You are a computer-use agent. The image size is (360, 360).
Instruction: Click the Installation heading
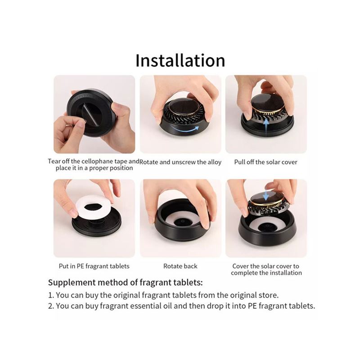(x=180, y=60)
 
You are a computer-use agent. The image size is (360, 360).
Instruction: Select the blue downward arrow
(x=265, y=195)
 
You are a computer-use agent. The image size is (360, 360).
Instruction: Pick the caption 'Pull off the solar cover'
(x=265, y=162)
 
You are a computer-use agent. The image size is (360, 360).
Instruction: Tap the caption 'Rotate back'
(x=180, y=266)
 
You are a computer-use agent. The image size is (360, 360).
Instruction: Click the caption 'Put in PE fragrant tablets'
(x=94, y=266)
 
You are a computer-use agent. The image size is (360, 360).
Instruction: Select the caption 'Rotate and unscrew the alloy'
(x=180, y=162)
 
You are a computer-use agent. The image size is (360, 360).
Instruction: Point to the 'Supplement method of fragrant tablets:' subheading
(x=126, y=283)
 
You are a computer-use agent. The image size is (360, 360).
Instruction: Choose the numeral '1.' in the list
(x=51, y=295)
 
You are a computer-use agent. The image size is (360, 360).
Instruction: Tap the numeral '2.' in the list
(x=51, y=306)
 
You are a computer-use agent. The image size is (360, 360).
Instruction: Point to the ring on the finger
(x=69, y=126)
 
